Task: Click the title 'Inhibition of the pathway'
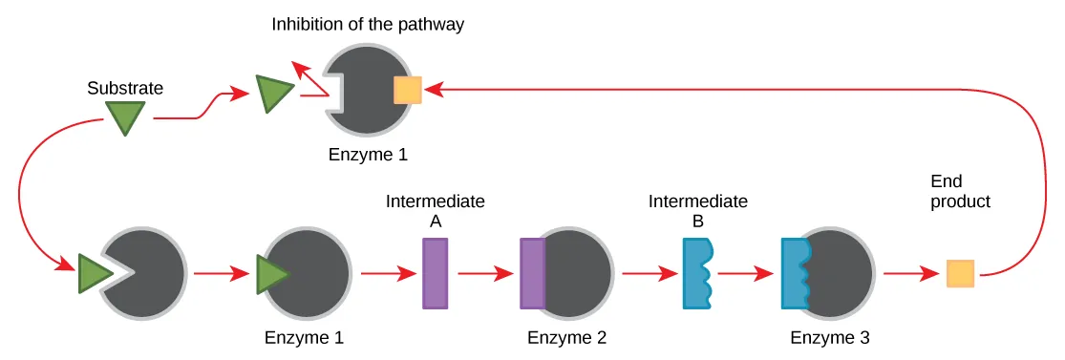(x=368, y=25)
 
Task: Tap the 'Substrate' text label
(x=125, y=89)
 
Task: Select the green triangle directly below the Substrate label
(x=125, y=117)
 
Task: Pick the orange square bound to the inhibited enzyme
(x=408, y=90)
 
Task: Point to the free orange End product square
(x=960, y=274)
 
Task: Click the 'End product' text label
(x=959, y=192)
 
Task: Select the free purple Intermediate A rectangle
(x=435, y=273)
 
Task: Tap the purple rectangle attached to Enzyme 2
(x=532, y=273)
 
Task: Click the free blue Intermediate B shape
(x=695, y=273)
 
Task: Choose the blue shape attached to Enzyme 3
(x=795, y=273)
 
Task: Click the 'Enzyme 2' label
(x=566, y=337)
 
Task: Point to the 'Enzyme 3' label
(x=830, y=337)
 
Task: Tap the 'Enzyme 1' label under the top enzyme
(x=368, y=154)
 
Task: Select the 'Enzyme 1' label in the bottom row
(x=304, y=337)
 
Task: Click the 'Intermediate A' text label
(x=435, y=211)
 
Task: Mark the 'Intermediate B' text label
(x=697, y=211)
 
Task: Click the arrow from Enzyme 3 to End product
(x=909, y=274)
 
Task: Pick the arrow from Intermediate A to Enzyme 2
(x=484, y=274)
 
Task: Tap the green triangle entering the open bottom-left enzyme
(x=93, y=273)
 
